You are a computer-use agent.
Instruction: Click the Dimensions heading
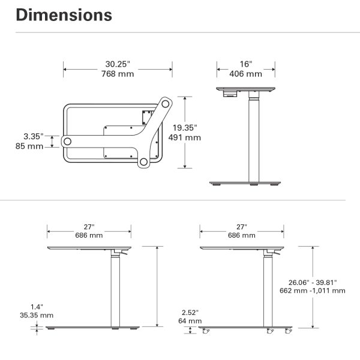click(x=64, y=15)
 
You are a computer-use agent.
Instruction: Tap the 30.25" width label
click(x=118, y=64)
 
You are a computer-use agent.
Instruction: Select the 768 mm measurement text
click(x=118, y=74)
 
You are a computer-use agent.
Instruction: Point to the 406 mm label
click(x=245, y=74)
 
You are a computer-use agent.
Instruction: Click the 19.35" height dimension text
click(x=185, y=128)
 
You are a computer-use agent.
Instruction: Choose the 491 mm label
click(x=185, y=137)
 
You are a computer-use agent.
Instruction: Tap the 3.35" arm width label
click(x=33, y=136)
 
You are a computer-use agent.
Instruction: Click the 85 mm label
click(x=29, y=146)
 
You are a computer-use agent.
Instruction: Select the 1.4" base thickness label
click(x=37, y=307)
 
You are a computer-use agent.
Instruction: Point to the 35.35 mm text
click(x=37, y=315)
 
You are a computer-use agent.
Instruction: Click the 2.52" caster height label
click(x=190, y=313)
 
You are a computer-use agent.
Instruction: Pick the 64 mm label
click(x=190, y=321)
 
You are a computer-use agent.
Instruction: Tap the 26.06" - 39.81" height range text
click(x=313, y=283)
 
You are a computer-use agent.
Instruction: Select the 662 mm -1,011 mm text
click(x=313, y=290)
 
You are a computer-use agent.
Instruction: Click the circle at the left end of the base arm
click(x=67, y=142)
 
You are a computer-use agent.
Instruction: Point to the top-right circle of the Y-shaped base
click(x=166, y=104)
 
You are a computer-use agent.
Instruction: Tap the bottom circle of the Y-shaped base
click(x=144, y=162)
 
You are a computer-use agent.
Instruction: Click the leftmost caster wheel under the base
click(x=206, y=331)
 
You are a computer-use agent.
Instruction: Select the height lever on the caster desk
click(x=277, y=253)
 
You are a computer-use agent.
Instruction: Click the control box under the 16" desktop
click(x=230, y=94)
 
